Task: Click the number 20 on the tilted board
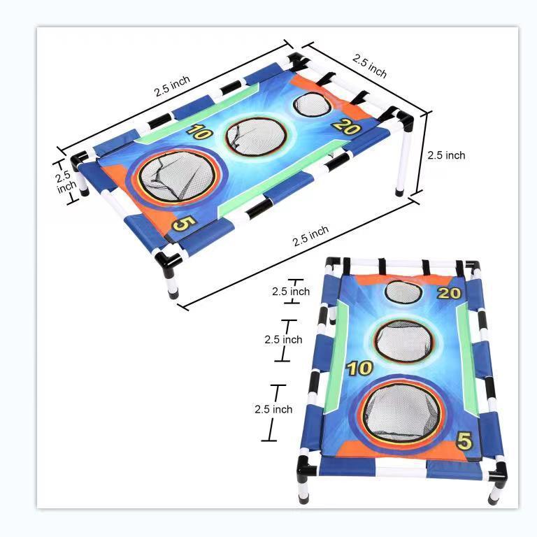(346, 127)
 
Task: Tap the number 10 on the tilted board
(199, 132)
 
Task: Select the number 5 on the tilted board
(184, 224)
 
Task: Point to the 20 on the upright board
(450, 293)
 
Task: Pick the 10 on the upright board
(360, 368)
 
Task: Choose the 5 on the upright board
(464, 441)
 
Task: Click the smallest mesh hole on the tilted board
(312, 104)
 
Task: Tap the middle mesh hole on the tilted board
(256, 137)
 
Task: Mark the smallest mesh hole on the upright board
(403, 292)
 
